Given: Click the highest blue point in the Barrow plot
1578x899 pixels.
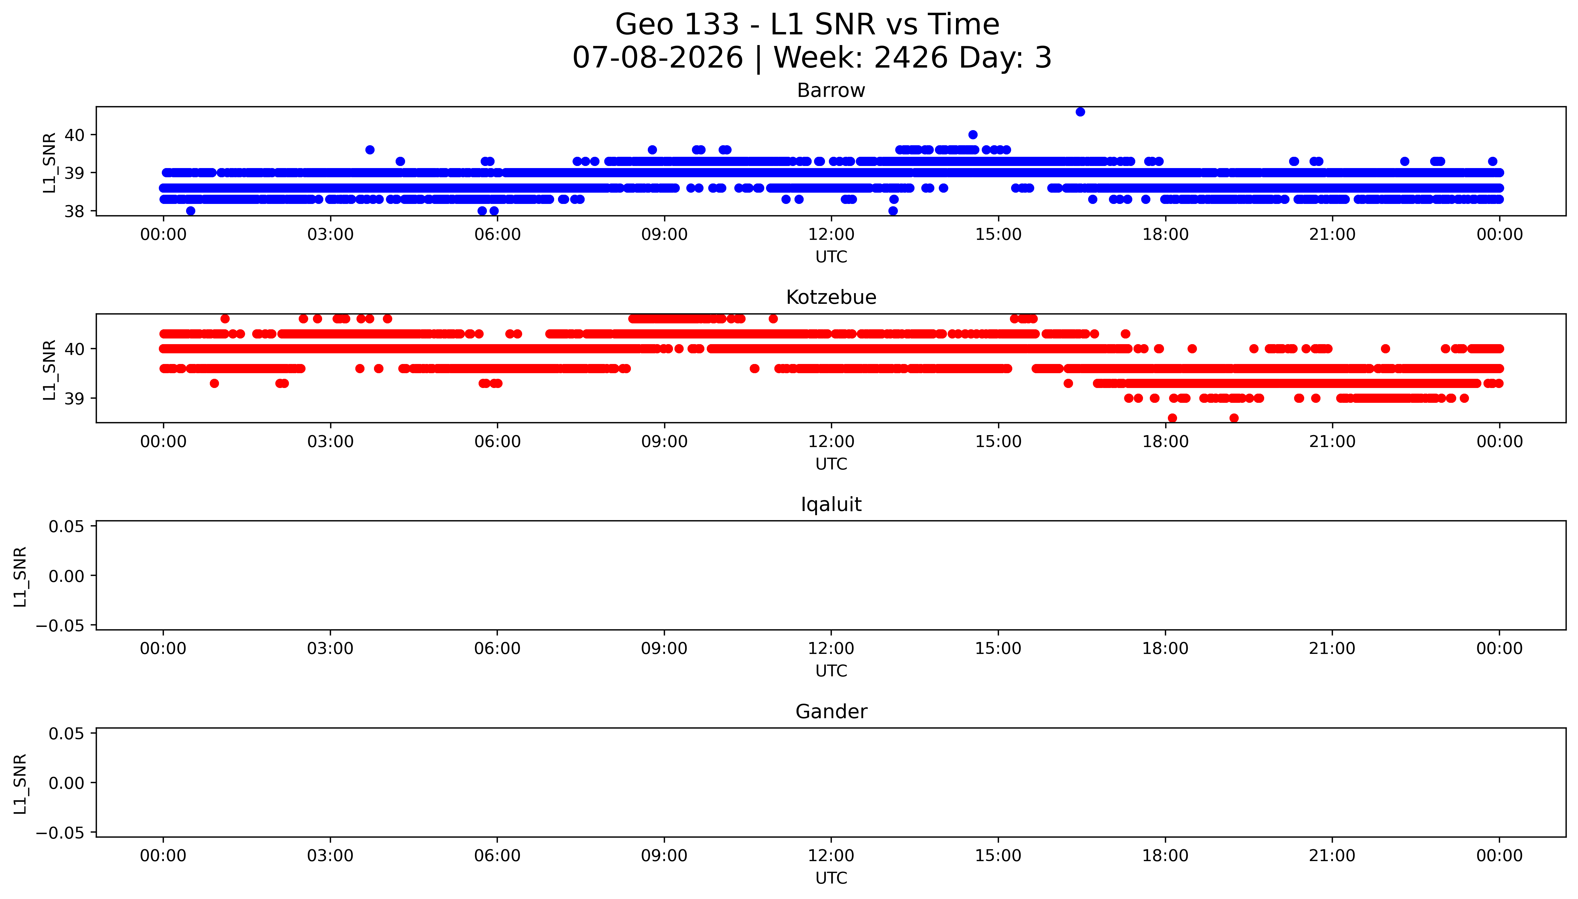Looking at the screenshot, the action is pos(1080,112).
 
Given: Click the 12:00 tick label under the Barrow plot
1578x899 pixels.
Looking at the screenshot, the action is pos(831,235).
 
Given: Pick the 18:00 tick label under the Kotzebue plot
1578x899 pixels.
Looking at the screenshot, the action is pos(1165,441).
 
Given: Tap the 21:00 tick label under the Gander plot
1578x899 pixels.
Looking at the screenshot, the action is pos(1332,856).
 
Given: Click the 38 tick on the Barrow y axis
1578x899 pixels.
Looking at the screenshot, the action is pos(74,211).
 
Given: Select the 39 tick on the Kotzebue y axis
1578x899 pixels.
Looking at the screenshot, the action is pos(74,398).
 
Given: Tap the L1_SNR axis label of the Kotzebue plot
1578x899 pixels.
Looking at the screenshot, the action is pos(49,369).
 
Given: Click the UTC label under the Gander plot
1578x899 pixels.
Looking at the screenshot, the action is pos(831,878).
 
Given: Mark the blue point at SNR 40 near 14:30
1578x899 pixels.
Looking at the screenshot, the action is pos(973,135).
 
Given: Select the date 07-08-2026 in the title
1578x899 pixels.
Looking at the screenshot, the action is pos(658,58).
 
